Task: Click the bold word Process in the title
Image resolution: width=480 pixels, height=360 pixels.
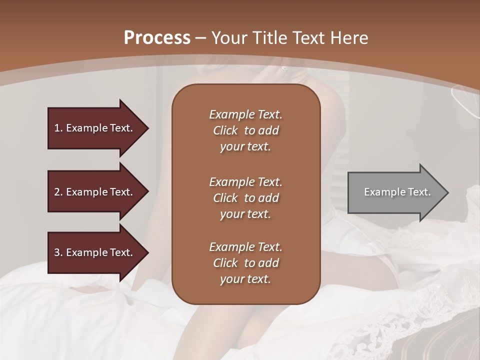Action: pyautogui.click(x=157, y=38)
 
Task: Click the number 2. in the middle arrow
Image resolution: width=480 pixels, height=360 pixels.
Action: pyautogui.click(x=58, y=192)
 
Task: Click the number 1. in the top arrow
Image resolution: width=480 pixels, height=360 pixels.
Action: pyautogui.click(x=58, y=128)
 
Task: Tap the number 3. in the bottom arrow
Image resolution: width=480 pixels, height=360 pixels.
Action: pyautogui.click(x=58, y=252)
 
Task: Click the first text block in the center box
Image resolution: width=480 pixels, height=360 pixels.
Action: pyautogui.click(x=245, y=130)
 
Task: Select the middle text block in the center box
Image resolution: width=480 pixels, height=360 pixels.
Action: pyautogui.click(x=245, y=197)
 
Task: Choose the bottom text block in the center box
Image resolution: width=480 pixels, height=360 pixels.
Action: pyautogui.click(x=245, y=263)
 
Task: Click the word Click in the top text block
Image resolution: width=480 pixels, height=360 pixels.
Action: pyautogui.click(x=225, y=130)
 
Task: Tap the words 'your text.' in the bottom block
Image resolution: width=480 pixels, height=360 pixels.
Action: pyautogui.click(x=245, y=279)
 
